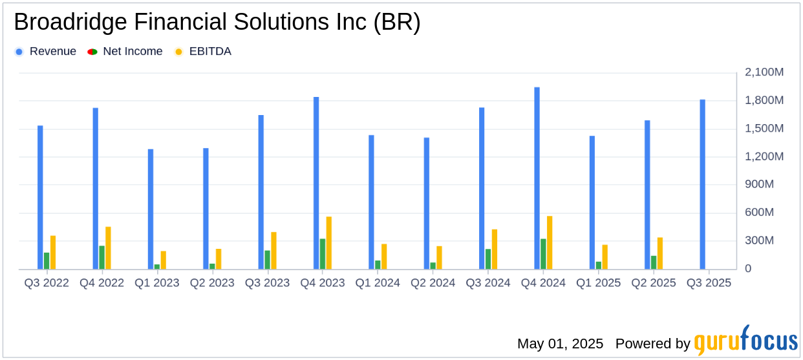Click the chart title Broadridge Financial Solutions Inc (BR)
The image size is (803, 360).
point(217,23)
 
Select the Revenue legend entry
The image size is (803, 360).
point(52,52)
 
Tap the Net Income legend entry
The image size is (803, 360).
point(133,52)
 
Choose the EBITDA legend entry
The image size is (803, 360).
point(209,52)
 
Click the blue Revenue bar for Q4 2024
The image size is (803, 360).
point(537,178)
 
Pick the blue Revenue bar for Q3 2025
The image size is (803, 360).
point(703,184)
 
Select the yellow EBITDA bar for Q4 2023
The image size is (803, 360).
point(329,243)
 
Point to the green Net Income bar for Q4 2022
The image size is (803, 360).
point(102,257)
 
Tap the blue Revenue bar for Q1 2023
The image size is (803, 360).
point(151,209)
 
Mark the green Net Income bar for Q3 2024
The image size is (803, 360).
point(488,259)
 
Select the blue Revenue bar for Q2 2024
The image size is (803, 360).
point(427,204)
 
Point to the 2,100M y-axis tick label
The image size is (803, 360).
point(764,72)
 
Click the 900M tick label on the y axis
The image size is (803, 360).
point(769,185)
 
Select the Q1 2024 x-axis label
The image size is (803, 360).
point(378,283)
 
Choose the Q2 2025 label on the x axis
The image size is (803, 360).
point(654,283)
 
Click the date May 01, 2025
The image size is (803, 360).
point(560,343)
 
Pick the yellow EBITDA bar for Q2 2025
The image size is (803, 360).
point(660,253)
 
